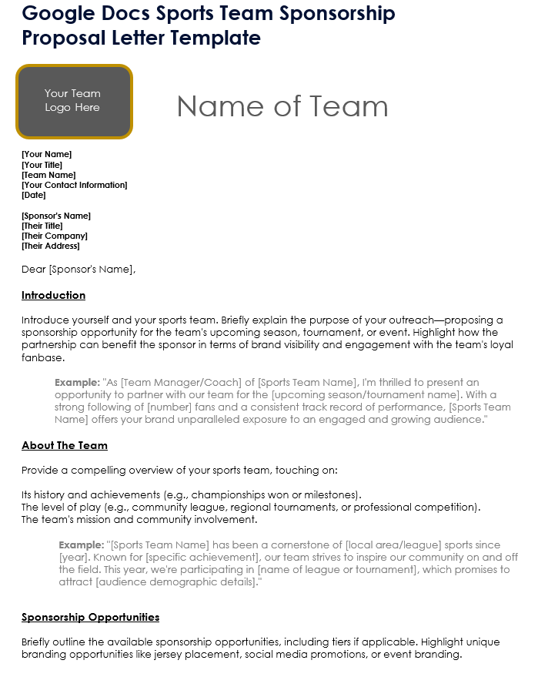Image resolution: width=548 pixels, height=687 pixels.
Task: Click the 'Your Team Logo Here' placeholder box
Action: point(73,101)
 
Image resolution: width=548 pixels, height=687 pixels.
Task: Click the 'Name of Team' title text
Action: point(282,106)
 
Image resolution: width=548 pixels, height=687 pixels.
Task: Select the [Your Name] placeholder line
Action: point(46,154)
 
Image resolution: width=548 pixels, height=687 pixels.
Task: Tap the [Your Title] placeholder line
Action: point(42,165)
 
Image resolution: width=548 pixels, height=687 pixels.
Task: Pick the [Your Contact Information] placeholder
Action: point(75,185)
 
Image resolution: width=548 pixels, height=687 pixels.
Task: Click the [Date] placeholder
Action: point(34,195)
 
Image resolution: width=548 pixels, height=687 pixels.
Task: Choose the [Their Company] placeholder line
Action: point(55,236)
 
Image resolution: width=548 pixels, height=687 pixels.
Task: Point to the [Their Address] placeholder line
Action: point(51,246)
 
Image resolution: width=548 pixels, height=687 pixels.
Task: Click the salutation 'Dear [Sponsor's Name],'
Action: point(79,270)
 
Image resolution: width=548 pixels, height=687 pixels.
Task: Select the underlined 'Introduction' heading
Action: point(53,296)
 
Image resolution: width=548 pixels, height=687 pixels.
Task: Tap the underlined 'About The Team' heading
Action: point(65,445)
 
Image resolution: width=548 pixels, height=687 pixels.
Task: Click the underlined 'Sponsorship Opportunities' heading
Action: point(91,617)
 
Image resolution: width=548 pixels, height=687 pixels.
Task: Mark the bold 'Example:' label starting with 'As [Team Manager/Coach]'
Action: point(77,383)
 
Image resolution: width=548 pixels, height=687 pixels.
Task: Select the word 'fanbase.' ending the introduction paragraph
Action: point(43,357)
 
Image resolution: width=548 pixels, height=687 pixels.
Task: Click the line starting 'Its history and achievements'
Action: point(192,494)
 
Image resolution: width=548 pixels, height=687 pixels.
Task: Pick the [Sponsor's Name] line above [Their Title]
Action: point(56,216)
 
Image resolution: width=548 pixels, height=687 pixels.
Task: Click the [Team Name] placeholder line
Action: point(48,175)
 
